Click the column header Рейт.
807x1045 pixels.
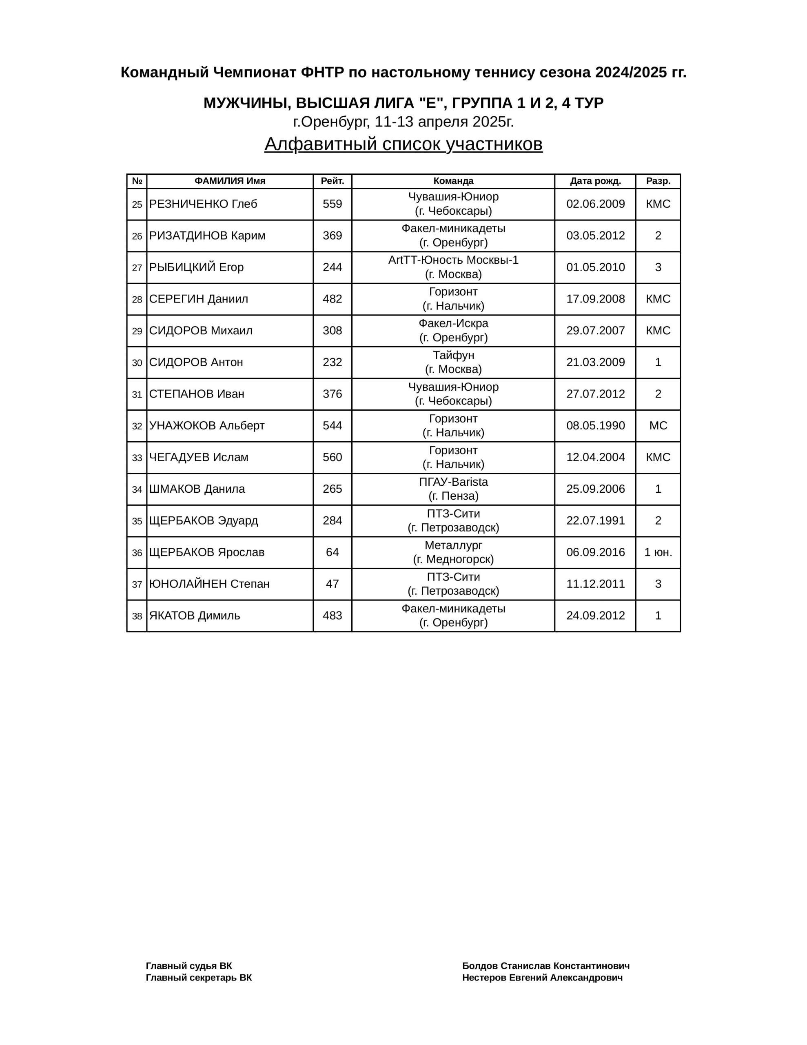click(332, 181)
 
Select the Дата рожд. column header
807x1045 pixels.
click(595, 181)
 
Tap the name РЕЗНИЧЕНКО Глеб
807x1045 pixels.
click(203, 204)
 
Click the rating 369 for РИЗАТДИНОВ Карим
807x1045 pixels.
click(332, 236)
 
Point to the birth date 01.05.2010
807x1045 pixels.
click(595, 267)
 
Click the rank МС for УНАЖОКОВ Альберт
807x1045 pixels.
click(658, 425)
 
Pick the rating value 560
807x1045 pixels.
click(332, 457)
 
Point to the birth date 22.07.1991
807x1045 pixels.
click(595, 520)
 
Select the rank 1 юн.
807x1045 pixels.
click(658, 552)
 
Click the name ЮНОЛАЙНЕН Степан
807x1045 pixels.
click(209, 584)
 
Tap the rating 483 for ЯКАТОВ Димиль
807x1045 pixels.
click(332, 615)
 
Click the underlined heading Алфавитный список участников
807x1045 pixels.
click(403, 144)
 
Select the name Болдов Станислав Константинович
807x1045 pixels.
click(545, 965)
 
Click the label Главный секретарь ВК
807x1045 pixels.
click(199, 978)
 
